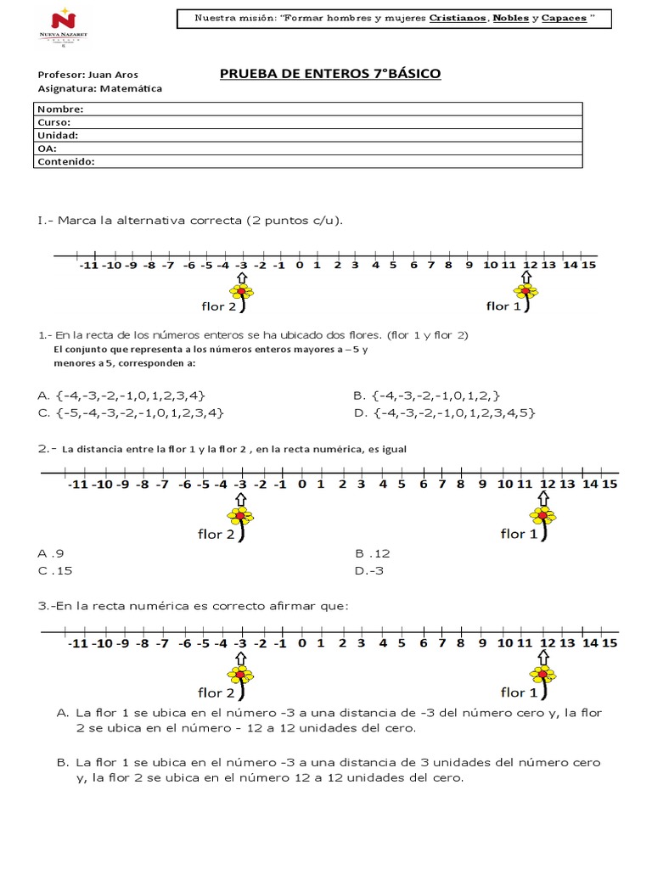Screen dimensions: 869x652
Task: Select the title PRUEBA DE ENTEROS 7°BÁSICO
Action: (x=330, y=74)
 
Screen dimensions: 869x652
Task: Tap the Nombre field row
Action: (x=309, y=109)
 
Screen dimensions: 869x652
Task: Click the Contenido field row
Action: (x=309, y=161)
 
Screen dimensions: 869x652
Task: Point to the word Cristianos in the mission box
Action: (x=458, y=18)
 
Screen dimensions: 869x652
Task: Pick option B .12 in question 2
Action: (x=373, y=553)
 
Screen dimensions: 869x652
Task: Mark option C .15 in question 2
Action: (x=56, y=570)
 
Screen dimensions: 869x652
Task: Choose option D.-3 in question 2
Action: (x=369, y=570)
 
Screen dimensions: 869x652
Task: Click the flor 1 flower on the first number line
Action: (x=527, y=294)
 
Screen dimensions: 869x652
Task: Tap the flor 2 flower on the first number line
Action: (x=244, y=294)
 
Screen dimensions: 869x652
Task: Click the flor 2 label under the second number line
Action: (x=216, y=535)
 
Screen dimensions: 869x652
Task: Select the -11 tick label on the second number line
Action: (x=77, y=485)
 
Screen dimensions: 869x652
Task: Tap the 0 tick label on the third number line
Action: (x=301, y=644)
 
